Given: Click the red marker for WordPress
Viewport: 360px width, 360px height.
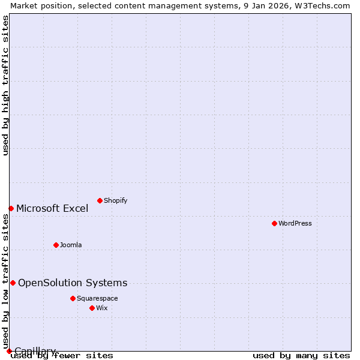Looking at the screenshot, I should [x=274, y=223].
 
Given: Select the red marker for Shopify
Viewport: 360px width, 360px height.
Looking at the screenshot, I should [x=100, y=200].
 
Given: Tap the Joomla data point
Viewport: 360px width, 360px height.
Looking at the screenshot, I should [x=56, y=245].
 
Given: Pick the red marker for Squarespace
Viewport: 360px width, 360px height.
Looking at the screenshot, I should [x=73, y=298].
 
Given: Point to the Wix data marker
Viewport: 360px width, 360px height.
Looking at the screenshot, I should [x=92, y=308].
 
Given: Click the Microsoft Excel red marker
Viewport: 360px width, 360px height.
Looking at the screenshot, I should [x=11, y=208].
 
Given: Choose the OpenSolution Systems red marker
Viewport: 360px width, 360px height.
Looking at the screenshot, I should [x=13, y=283].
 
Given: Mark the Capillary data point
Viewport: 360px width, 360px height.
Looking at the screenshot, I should [x=9, y=351].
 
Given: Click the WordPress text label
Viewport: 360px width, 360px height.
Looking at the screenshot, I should [x=295, y=224].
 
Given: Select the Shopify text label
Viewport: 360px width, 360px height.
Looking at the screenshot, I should [x=115, y=201].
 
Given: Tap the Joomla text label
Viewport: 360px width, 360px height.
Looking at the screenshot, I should [x=71, y=245].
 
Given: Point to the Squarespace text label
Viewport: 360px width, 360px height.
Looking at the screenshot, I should [x=97, y=299].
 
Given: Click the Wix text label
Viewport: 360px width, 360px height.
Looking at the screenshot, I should [x=101, y=308].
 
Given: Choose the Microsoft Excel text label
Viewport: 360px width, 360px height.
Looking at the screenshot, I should [x=52, y=209].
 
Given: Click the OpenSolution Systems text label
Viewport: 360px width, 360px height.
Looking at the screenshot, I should [x=73, y=283].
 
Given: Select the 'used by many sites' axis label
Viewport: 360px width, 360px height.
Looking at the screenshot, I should [x=301, y=356].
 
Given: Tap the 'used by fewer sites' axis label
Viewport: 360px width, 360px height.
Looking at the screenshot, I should [x=62, y=356].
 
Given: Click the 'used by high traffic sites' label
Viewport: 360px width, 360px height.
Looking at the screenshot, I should [x=6, y=85].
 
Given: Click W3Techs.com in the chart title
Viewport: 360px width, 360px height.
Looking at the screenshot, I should [x=320, y=5].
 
